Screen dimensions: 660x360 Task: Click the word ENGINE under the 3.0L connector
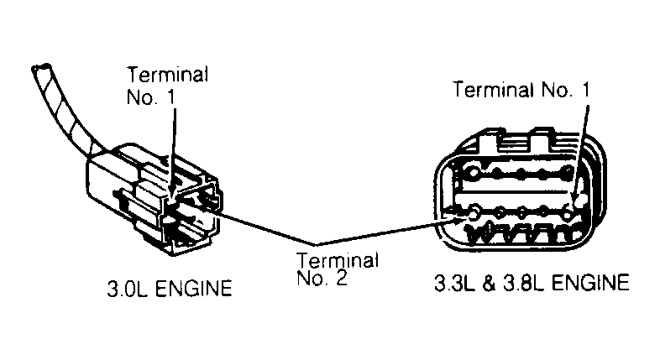coord(194,289)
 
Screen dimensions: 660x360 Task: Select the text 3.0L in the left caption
coord(128,289)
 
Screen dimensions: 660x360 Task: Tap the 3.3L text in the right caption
coord(454,283)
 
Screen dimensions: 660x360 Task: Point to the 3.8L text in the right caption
coord(524,283)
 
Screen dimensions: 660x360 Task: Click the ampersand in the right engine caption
coord(489,283)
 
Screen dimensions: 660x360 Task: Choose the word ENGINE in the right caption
coord(590,283)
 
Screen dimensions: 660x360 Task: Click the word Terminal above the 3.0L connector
coord(168,75)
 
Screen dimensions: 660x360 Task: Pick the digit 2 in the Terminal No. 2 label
coord(342,278)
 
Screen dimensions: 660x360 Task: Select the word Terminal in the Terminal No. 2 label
coord(338,260)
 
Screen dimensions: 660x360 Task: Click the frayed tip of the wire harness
coord(41,67)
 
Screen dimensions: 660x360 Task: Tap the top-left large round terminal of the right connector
coord(473,172)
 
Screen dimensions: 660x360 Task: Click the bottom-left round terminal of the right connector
coord(474,212)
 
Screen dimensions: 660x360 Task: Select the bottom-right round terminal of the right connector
coord(568,214)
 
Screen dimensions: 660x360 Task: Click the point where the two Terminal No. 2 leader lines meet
coord(316,244)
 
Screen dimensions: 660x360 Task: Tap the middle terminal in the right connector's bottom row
coord(522,211)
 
